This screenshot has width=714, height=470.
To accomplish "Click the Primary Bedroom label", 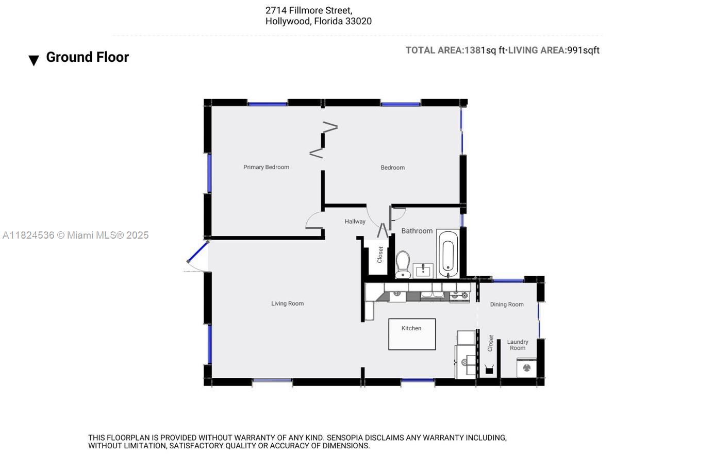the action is point(266,167).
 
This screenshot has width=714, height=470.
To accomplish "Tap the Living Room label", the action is point(287,304).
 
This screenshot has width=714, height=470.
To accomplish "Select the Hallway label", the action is point(355,222).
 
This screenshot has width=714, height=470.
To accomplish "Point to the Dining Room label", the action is point(506,305).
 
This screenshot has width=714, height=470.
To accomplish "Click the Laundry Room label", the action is point(518,345).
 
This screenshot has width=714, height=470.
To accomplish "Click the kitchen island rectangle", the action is point(412,334).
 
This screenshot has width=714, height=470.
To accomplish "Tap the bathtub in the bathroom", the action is point(448,254).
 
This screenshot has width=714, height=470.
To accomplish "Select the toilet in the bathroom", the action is point(403,264).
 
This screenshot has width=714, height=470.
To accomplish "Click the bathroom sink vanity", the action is point(423,271).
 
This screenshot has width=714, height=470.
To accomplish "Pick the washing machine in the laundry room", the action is point(526,368).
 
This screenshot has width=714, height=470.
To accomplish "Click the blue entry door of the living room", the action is point(197,251).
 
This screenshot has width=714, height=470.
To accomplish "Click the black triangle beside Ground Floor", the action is point(34,60).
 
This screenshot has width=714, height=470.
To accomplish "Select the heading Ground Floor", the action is point(87,57).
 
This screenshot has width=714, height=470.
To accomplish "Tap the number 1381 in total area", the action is point(475,51).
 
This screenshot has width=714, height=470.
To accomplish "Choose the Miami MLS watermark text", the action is point(76,235).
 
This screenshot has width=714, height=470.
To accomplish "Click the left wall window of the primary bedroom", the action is point(209,173).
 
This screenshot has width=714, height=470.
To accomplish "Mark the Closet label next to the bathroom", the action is point(379,255).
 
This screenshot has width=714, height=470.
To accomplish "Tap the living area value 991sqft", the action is point(583,51).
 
